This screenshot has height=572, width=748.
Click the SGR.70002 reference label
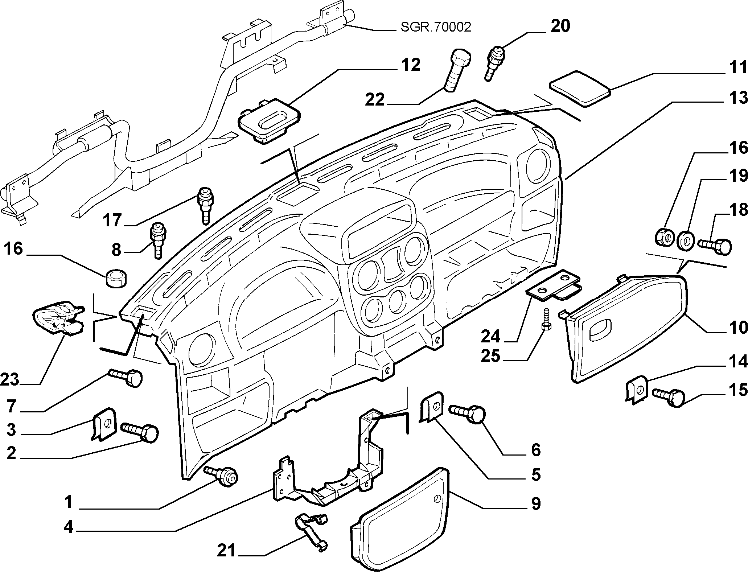coord(436,27)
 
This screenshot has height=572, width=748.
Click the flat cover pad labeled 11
coord(580,89)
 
